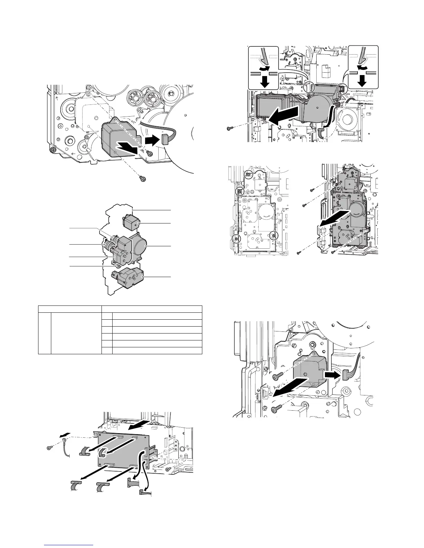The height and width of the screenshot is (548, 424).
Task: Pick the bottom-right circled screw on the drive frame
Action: (x=273, y=236)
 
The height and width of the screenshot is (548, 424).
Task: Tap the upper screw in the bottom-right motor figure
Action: (x=278, y=376)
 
